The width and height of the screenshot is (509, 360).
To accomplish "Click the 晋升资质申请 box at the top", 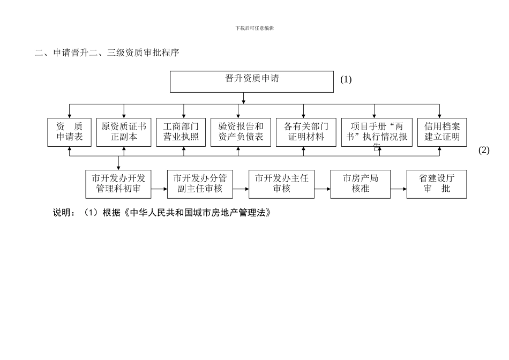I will coord(252,82).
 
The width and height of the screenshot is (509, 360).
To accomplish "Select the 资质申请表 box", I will coord(70,132).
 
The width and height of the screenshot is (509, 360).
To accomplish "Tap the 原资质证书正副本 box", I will coord(124,132).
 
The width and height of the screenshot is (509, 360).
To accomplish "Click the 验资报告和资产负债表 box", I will coord(241,132).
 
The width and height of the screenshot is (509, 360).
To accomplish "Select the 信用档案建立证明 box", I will coord(442,132).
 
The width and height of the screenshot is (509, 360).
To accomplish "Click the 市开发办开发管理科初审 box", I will coord(118,184).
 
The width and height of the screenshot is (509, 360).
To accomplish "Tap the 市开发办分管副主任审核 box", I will coord(200,184).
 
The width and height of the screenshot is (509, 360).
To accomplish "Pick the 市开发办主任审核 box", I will coord(281,184).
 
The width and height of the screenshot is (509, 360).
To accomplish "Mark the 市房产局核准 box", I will coord(360,184).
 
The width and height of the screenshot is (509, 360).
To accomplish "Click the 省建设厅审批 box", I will coord(437,184).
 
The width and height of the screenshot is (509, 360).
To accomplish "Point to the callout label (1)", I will coord(346,79).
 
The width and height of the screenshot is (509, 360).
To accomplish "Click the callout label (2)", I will coord(484,151).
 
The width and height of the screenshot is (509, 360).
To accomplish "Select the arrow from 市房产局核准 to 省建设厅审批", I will coord(398,189).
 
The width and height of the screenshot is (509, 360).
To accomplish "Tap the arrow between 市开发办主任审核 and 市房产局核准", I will coord(322,189).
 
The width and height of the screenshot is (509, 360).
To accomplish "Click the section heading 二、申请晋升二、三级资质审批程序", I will coord(107,52).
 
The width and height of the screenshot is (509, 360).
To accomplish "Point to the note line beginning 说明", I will coord(161,213).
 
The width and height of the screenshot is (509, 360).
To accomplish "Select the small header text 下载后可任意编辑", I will coord(254,28).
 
